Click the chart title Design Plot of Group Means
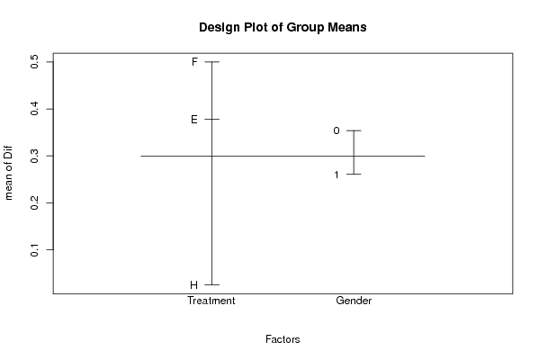(283, 27)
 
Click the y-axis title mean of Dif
(8, 173)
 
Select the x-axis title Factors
(283, 339)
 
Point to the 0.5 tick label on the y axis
(34, 62)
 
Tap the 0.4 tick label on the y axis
(34, 109)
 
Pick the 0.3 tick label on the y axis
(34, 156)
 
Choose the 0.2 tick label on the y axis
(34, 202)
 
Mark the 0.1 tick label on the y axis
(34, 249)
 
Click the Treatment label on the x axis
(211, 301)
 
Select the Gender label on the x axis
(354, 301)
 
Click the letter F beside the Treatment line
(194, 62)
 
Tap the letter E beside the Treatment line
(194, 120)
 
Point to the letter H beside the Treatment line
(193, 285)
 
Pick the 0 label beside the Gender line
(337, 130)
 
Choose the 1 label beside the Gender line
(337, 175)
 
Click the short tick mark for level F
(211, 62)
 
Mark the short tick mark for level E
(211, 120)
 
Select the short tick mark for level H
(211, 284)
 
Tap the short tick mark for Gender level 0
(354, 130)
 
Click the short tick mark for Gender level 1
(354, 175)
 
